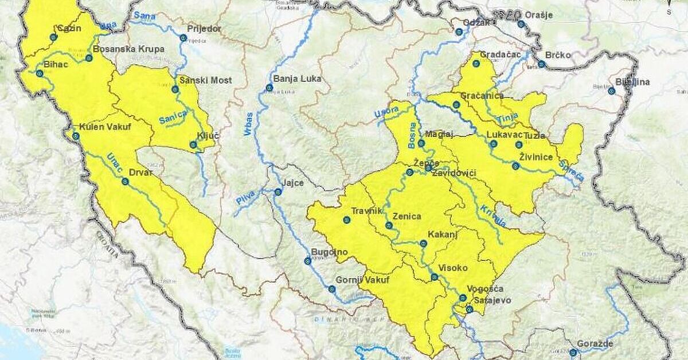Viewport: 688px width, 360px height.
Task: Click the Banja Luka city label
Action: (298, 79)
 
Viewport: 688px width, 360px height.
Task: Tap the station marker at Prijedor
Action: (183, 38)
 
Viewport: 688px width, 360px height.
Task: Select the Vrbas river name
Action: (248, 124)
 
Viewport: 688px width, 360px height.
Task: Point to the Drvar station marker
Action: (125, 181)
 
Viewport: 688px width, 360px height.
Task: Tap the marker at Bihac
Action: (40, 73)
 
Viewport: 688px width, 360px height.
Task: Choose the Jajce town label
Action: (292, 183)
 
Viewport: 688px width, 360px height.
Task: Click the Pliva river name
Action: (245, 201)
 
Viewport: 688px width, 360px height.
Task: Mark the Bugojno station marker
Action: (307, 261)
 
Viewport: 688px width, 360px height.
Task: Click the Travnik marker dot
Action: (346, 220)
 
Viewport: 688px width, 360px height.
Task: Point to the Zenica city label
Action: (407, 217)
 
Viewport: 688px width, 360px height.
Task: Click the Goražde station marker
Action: (573, 352)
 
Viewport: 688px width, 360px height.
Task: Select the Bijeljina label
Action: (634, 82)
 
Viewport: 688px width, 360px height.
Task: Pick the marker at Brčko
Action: (541, 64)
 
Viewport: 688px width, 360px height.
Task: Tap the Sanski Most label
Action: (205, 80)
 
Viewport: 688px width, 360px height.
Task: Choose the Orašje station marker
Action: (521, 24)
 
